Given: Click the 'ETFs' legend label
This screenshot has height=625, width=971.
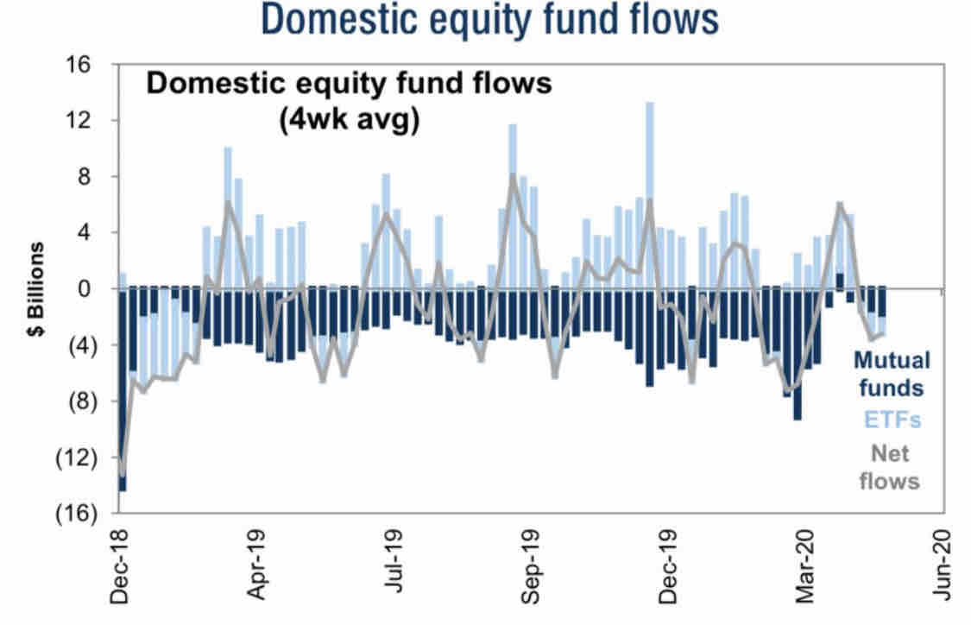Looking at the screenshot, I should coord(892,420).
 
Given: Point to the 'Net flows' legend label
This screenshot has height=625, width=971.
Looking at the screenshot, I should coord(891,466).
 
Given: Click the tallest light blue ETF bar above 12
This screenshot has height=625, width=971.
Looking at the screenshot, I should coord(649,194).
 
